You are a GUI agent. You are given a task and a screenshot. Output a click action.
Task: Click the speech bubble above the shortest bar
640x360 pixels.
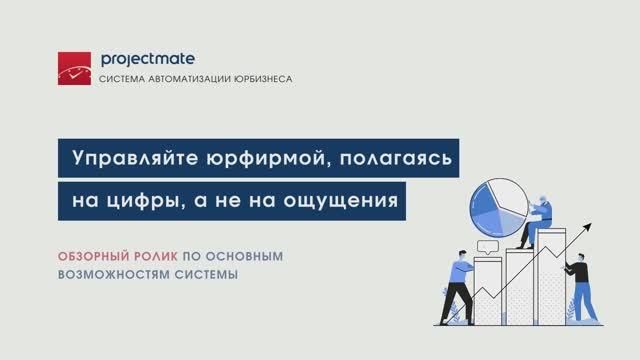[x=489, y=245]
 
